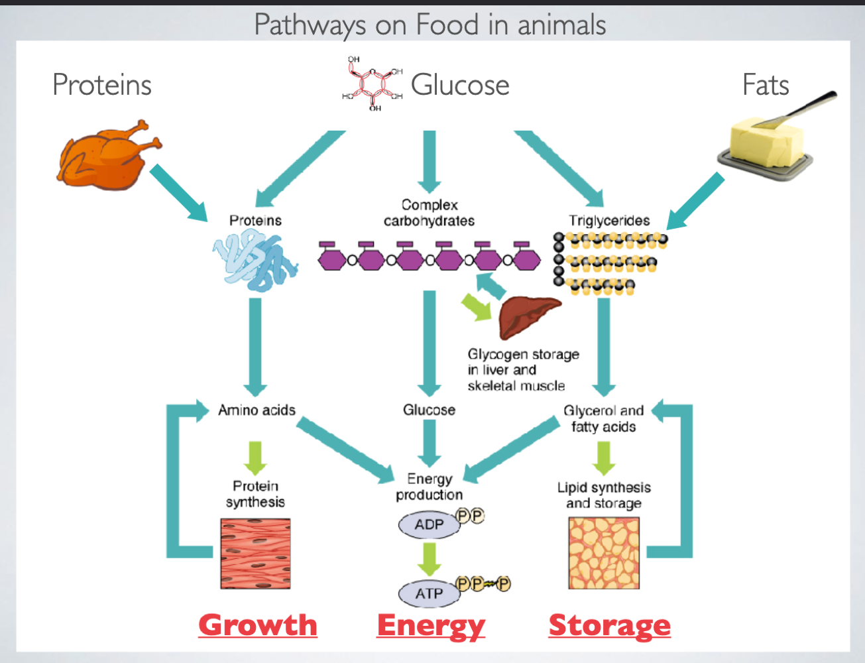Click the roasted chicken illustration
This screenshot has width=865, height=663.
(106, 156)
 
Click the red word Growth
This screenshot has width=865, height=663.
(258, 625)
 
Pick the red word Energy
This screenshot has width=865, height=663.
(431, 625)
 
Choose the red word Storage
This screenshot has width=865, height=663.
(609, 625)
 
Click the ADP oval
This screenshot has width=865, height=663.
(429, 524)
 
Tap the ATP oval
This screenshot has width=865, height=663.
(429, 593)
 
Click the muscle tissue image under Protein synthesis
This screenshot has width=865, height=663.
(255, 554)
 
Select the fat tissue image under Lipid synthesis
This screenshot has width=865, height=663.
(604, 554)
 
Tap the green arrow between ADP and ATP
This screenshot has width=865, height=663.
(429, 559)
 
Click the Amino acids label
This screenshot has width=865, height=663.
(257, 410)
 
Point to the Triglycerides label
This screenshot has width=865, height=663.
(608, 221)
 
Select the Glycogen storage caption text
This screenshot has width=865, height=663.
(522, 370)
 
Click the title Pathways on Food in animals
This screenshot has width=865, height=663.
(430, 25)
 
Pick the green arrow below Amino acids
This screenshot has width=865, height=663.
(255, 457)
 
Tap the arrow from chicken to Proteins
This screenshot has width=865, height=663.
(179, 193)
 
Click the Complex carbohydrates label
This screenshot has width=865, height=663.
(429, 213)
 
